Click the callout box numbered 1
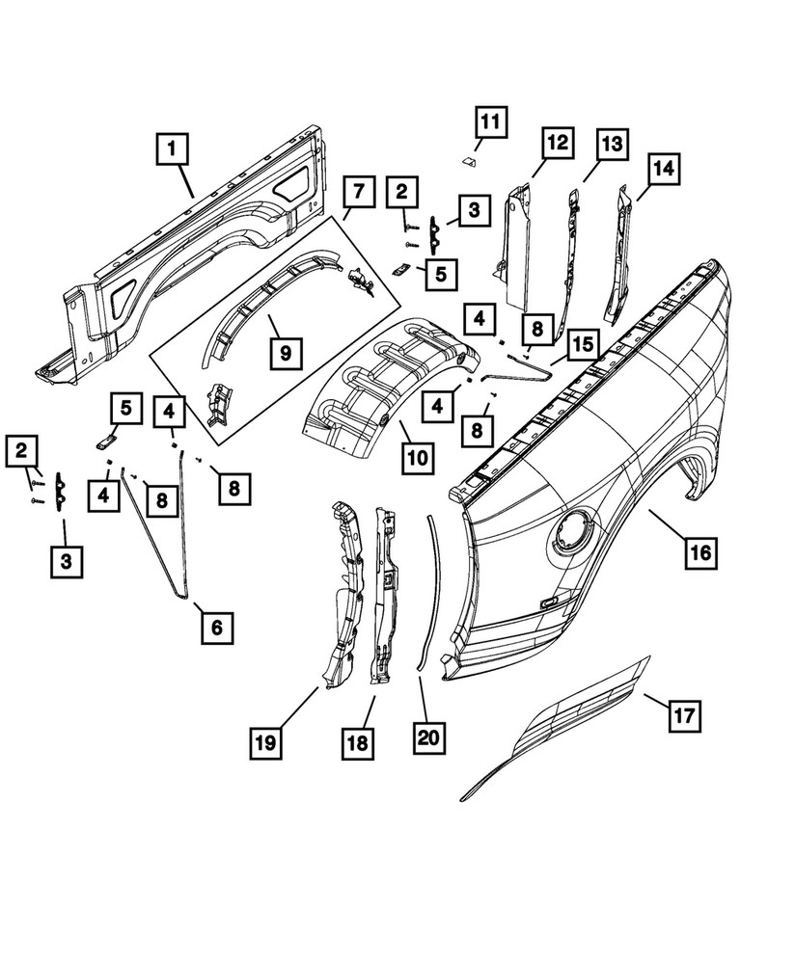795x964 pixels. (172, 150)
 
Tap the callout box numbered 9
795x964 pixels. (286, 353)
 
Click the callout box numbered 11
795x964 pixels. (490, 123)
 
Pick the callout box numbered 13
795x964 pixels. (610, 145)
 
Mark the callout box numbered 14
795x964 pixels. (661, 169)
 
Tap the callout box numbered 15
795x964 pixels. (582, 345)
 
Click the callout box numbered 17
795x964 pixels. (684, 716)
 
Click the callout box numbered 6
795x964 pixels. (216, 628)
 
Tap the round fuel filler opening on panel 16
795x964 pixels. (573, 532)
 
